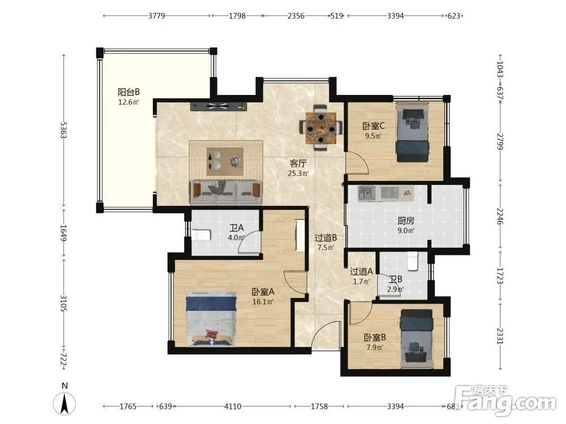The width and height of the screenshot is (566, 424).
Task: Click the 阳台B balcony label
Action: [129, 92]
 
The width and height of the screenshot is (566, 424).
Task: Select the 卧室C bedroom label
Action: [374, 126]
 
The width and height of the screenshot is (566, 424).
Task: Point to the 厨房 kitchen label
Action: [406, 220]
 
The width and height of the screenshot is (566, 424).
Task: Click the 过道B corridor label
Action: [325, 237]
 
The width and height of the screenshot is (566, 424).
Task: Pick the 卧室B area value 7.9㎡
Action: [374, 348]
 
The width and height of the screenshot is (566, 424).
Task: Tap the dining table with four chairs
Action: [320, 127]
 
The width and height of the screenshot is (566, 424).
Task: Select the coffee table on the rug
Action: [225, 162]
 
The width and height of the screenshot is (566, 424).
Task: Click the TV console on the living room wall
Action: [218, 106]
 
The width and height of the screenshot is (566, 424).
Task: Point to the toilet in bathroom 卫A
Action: [201, 235]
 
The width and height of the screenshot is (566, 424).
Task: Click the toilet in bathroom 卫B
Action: [412, 261]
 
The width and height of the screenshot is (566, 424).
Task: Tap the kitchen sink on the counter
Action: [367, 193]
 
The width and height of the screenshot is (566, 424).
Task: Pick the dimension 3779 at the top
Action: [157, 16]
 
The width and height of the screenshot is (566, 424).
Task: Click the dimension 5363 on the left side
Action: [63, 130]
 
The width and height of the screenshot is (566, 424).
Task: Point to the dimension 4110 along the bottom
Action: [233, 406]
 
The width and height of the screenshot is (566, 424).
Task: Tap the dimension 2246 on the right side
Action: [500, 216]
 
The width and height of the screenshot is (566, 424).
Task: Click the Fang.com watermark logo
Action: [505, 400]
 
